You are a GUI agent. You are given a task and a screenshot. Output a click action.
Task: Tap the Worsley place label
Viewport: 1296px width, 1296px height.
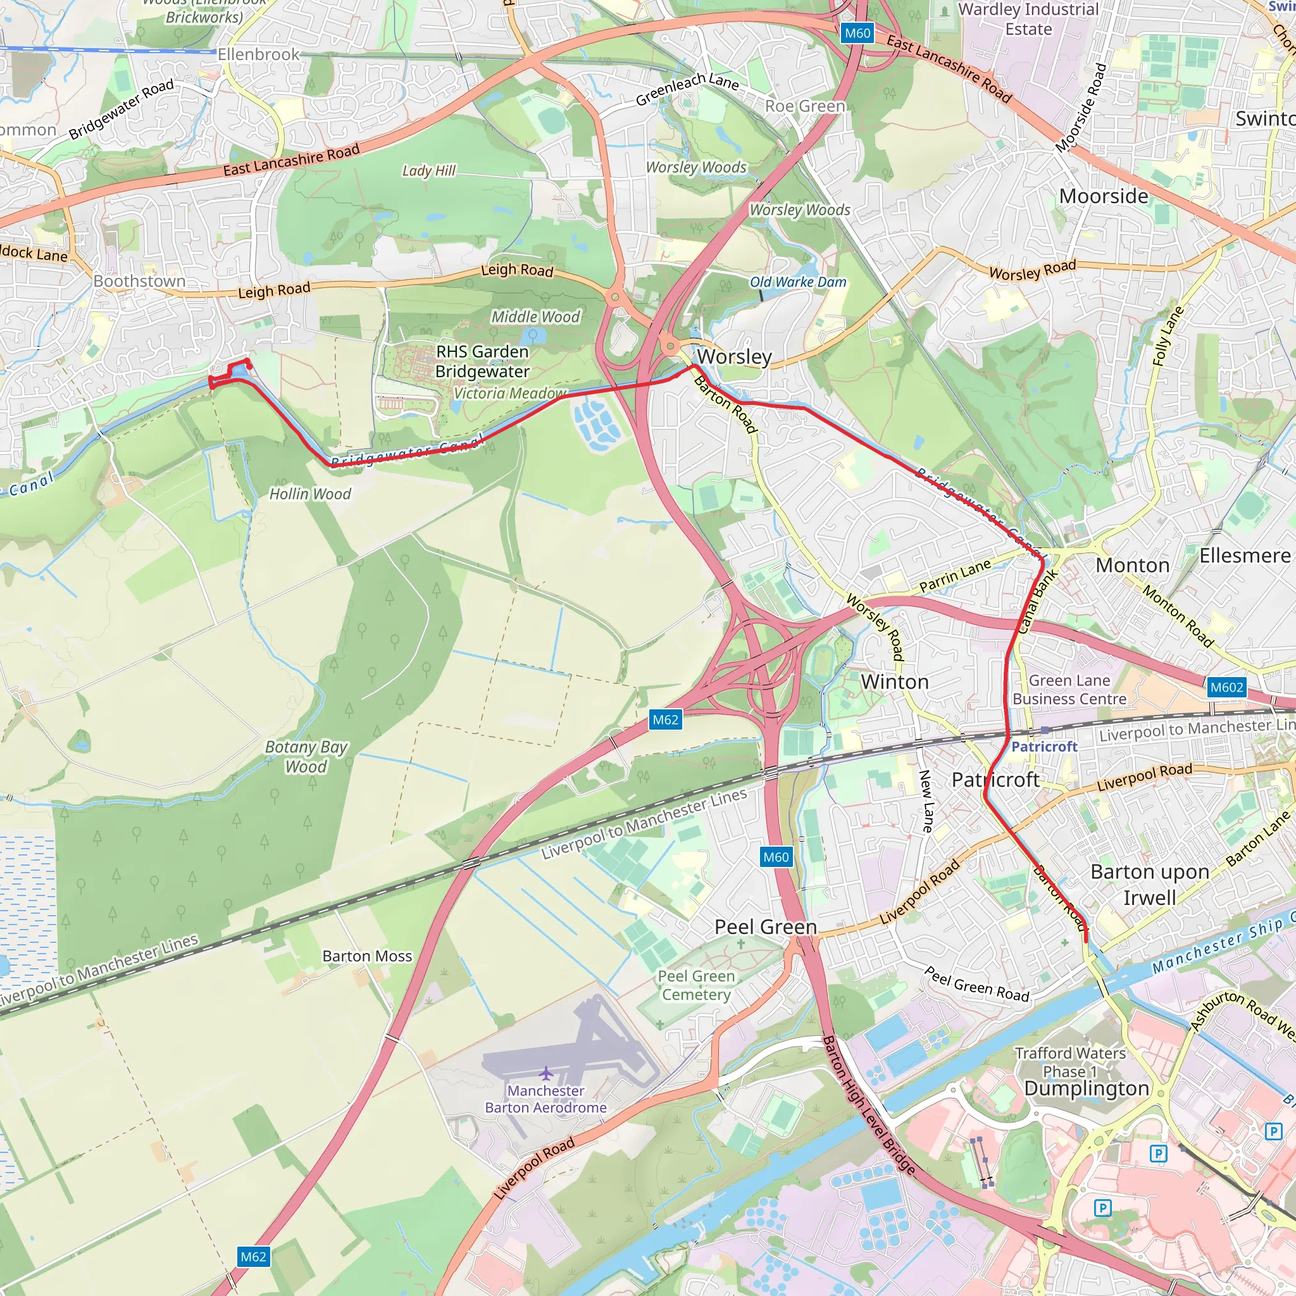tap(735, 357)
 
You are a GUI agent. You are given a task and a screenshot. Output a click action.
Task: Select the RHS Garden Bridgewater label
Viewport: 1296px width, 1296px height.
tap(482, 361)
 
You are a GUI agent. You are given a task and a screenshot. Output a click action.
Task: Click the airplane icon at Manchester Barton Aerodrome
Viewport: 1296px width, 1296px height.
tap(546, 1073)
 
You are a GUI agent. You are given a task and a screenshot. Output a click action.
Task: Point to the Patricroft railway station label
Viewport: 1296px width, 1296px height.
tap(1044, 747)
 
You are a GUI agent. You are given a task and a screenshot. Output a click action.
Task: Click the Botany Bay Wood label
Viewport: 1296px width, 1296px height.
tap(306, 757)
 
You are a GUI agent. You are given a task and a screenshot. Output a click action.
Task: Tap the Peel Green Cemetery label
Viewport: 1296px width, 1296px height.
tap(696, 985)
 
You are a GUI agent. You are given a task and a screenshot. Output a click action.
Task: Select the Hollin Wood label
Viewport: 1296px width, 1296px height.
tap(310, 494)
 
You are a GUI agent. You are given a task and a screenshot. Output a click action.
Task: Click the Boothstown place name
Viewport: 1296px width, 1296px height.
tap(139, 281)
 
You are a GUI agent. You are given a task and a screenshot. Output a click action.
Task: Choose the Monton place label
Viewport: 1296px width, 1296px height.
tap(1132, 566)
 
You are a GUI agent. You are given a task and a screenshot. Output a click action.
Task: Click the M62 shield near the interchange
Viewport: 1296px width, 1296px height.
tap(666, 720)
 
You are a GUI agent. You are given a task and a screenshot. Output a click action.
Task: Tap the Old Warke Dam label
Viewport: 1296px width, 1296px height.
tap(797, 282)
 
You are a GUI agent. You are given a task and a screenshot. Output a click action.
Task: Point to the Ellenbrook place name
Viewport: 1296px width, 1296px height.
tap(258, 54)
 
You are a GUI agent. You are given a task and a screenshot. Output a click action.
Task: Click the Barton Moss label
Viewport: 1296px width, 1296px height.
tap(367, 956)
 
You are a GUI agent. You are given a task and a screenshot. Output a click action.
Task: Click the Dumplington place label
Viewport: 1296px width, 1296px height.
tap(1086, 1088)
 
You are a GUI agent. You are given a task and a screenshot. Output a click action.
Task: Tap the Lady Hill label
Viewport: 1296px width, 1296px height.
tap(428, 170)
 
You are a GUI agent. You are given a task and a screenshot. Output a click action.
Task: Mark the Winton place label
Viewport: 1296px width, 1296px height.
tap(894, 682)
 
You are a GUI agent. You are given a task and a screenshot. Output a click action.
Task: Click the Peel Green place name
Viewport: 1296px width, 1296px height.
tap(766, 927)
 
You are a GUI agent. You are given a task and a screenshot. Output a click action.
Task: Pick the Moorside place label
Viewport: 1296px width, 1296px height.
tap(1104, 197)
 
